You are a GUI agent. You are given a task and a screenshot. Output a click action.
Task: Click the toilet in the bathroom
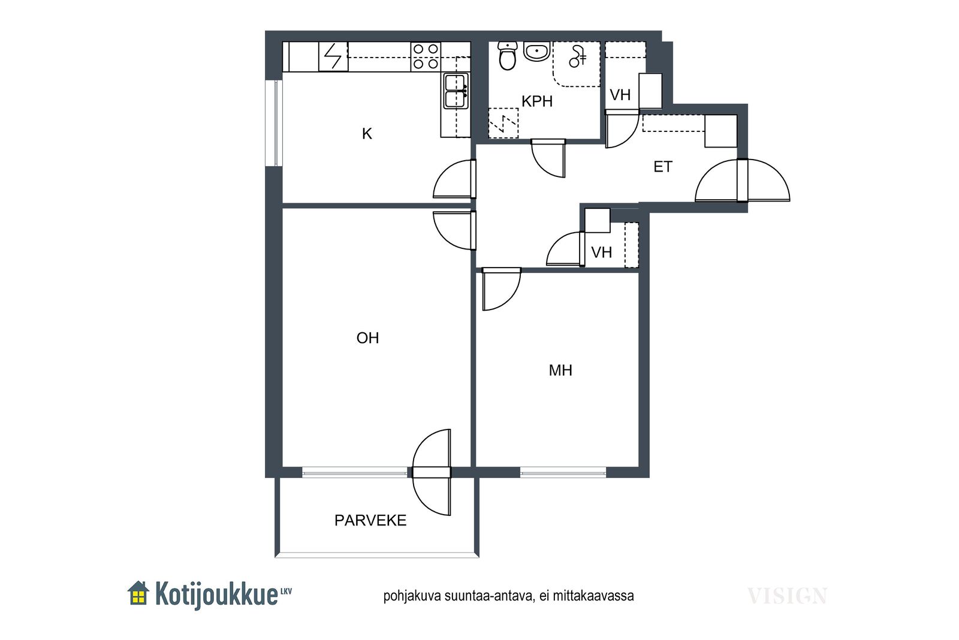pos(508,56)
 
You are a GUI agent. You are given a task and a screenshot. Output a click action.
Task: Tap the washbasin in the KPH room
pos(537,52)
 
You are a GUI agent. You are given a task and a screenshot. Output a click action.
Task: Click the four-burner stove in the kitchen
pos(426,56)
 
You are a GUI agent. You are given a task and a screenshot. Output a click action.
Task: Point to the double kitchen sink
pos(456,91)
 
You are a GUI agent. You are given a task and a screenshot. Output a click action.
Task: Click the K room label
pos(367,134)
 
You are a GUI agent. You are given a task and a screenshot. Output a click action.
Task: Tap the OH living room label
pos(367,338)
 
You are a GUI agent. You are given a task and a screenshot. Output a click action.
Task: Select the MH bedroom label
pos(560,371)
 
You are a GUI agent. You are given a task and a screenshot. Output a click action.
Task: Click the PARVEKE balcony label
pos(370,521)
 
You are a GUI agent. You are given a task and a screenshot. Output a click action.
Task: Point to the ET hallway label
pos(663,167)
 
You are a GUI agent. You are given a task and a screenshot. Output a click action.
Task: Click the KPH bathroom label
pos(537,101)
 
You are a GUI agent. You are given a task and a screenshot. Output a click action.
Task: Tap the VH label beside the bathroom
pos(620,95)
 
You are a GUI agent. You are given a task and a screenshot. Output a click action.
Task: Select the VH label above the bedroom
pos(602,253)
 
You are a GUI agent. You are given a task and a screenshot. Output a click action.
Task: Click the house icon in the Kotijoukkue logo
pos(138,593)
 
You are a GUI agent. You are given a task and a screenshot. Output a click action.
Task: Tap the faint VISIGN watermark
pos(787,596)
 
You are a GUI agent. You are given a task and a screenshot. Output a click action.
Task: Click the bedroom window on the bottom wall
pos(563,473)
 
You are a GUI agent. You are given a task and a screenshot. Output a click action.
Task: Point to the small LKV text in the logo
pos(285,591)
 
